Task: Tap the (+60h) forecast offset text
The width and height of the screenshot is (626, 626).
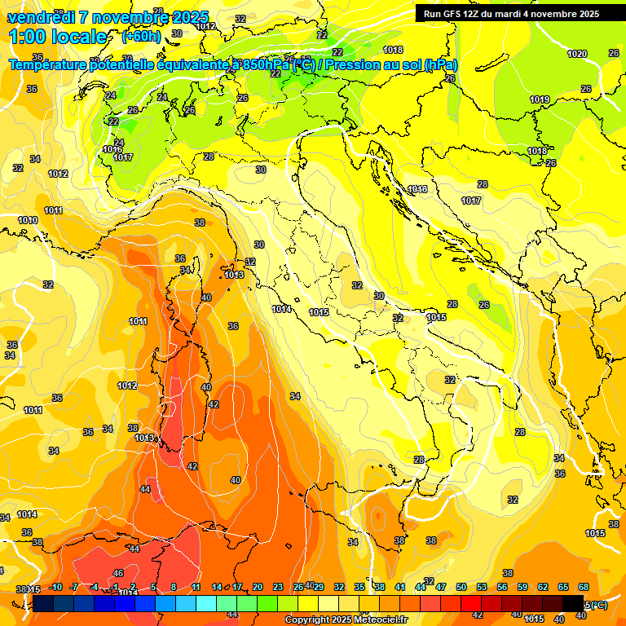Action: [141, 37]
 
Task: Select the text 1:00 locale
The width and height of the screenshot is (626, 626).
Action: [57, 37]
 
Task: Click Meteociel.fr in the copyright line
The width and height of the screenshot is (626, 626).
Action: [380, 619]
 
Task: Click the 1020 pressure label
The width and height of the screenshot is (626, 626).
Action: [577, 54]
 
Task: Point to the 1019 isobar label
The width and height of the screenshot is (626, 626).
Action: [539, 99]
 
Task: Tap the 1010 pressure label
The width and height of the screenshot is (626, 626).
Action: [28, 220]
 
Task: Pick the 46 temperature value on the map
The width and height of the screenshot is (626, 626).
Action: [118, 573]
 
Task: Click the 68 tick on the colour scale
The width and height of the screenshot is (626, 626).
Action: [584, 587]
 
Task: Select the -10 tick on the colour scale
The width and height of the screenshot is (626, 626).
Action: [55, 587]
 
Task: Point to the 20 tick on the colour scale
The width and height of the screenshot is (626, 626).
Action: [258, 587]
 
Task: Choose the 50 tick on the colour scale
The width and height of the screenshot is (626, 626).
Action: [461, 587]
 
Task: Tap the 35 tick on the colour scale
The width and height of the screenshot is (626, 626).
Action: [359, 587]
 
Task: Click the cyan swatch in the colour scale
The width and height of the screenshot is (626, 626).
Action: [206, 603]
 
